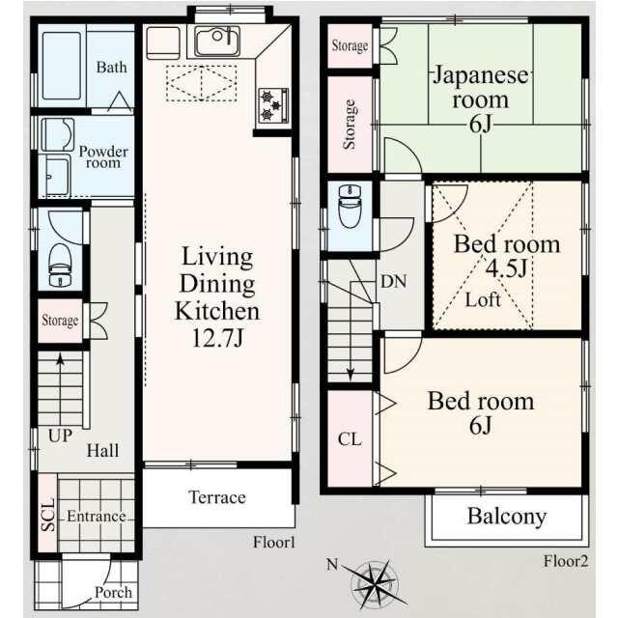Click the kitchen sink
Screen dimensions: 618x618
[x=217, y=41]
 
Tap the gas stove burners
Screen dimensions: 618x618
[x=273, y=105]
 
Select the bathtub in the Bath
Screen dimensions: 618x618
[x=62, y=66]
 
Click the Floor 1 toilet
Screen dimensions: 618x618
[x=60, y=265]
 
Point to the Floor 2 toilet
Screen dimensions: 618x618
[x=350, y=206]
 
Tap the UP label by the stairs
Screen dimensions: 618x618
[x=60, y=435]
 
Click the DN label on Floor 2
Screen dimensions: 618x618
[x=393, y=281]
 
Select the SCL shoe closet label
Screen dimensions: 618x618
[x=48, y=515]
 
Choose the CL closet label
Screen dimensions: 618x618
[x=350, y=439]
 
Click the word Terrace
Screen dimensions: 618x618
[x=217, y=497]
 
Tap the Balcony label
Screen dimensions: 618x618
[x=507, y=517]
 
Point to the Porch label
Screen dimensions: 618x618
[x=113, y=592]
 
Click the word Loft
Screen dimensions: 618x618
[x=483, y=300]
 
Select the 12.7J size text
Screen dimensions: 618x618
[x=217, y=338]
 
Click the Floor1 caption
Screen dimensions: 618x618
[x=274, y=543]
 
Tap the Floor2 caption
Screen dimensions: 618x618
[x=566, y=561]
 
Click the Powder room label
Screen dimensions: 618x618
[x=103, y=156]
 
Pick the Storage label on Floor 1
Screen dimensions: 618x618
[x=60, y=321]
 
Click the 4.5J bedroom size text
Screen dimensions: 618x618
[x=506, y=268]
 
